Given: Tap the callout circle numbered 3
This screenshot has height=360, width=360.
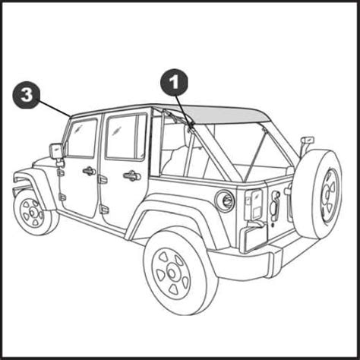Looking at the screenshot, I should coord(27,96).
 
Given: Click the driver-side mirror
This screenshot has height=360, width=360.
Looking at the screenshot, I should coord(56,150).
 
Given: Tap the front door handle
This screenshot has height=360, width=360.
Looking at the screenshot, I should coord(89,171).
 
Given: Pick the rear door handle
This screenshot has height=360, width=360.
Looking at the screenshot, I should coord(131,176).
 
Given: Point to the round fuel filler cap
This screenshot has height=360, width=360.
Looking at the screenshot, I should coord(224,201).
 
